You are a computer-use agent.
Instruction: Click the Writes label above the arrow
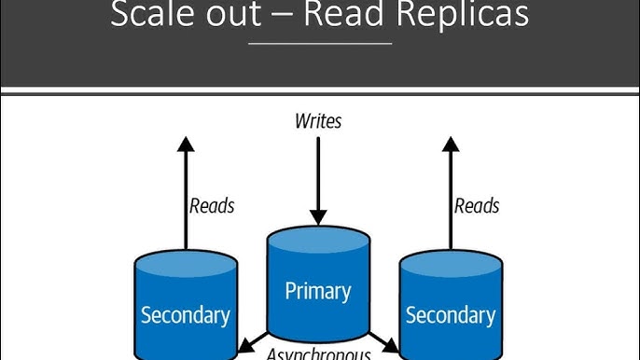pyautogui.click(x=318, y=120)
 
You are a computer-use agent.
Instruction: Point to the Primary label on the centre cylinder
pyautogui.click(x=318, y=290)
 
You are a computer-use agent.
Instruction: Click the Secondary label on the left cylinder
pyautogui.click(x=186, y=314)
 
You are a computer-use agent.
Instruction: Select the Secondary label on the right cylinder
pyautogui.click(x=450, y=314)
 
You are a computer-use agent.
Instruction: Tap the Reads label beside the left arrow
pyautogui.click(x=212, y=205)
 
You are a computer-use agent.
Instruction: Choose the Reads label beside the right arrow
pyautogui.click(x=477, y=205)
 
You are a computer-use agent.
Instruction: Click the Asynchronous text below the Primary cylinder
pyautogui.click(x=319, y=353)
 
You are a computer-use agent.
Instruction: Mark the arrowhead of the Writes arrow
pyautogui.click(x=318, y=217)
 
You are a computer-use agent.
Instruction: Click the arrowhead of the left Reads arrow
pyautogui.click(x=186, y=145)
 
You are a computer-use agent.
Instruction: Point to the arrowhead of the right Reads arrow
pyautogui.click(x=450, y=145)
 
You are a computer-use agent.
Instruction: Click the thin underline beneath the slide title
pyautogui.click(x=320, y=43)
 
